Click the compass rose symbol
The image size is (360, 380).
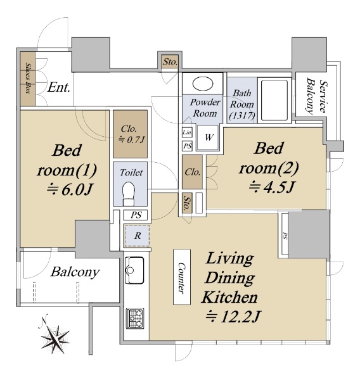(55, 338)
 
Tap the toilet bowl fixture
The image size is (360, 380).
(129, 194)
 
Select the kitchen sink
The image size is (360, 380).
(134, 270)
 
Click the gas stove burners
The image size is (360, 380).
(135, 318)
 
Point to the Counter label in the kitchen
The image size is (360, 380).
(182, 277)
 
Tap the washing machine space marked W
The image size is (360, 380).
(209, 137)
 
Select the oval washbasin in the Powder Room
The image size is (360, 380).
(203, 84)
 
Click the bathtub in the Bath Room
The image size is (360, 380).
(274, 100)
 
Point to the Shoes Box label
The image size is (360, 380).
(28, 79)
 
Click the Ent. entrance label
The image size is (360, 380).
(59, 87)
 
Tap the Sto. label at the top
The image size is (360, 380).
(170, 62)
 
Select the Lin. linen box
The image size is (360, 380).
(187, 132)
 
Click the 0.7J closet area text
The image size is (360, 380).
(131, 139)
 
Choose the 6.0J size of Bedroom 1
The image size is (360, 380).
(70, 189)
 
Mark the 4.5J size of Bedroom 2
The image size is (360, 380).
(272, 187)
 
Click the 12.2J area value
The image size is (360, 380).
(233, 317)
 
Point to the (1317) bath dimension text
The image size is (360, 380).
(242, 115)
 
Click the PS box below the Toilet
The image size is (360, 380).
(136, 215)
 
